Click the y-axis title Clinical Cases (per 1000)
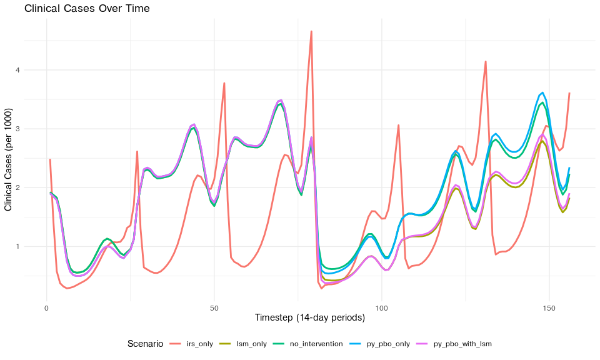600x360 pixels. tap(9, 159)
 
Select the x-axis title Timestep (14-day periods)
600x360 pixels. tap(310, 317)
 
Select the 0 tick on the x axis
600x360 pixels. tap(47, 308)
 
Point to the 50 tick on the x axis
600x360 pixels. tap(214, 308)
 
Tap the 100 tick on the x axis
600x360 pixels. tap(382, 308)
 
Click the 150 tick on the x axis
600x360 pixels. tap(549, 308)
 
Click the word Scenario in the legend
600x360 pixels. tap(145, 344)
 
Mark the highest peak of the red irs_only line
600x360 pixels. tap(311, 31)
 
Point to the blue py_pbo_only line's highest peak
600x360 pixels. tap(542, 92)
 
